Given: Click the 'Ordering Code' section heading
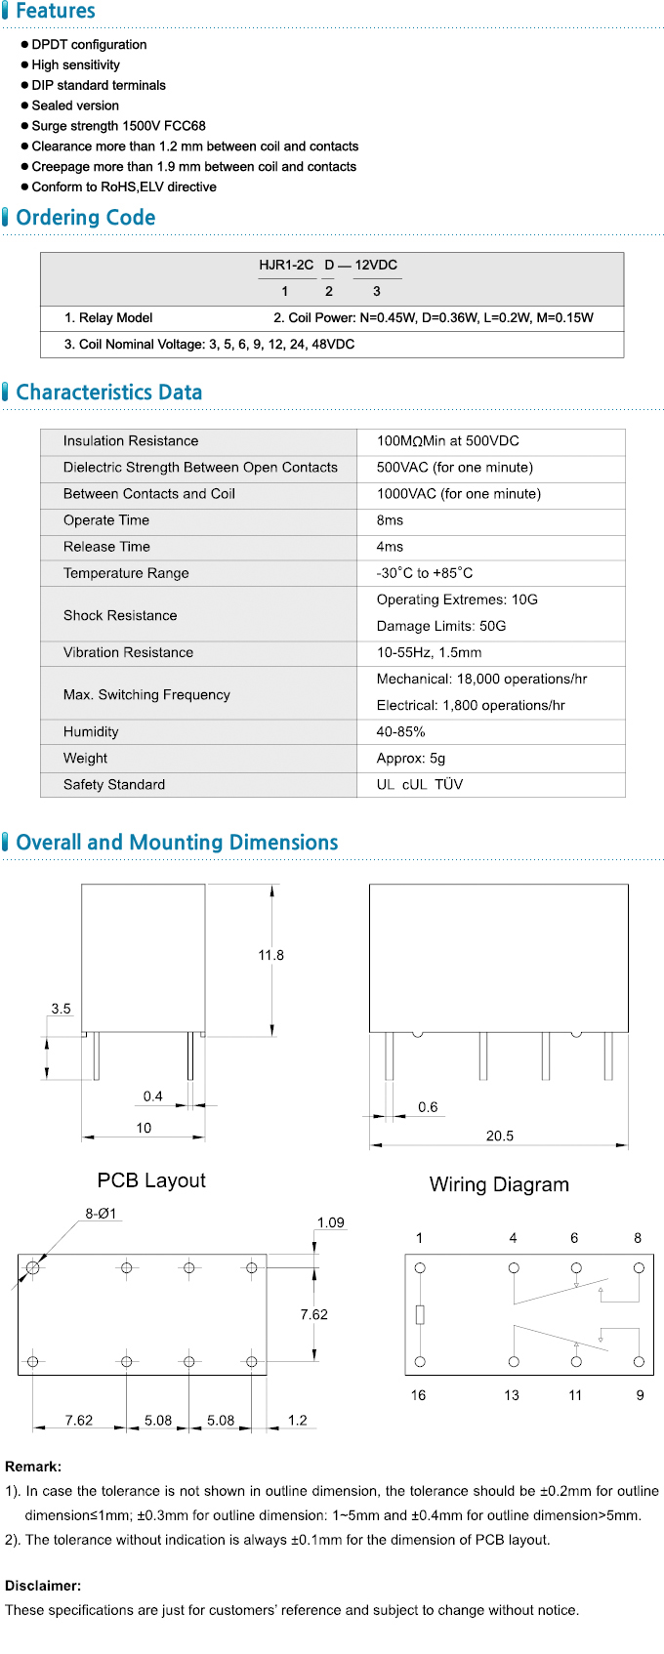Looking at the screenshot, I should (x=86, y=218).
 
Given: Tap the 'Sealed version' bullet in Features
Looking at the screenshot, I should (x=75, y=105).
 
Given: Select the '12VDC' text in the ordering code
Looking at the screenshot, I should (x=376, y=265).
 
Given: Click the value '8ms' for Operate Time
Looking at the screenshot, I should (x=390, y=520).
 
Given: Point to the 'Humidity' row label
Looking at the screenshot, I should (x=91, y=731).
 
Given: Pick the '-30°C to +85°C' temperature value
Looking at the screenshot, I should (x=425, y=573).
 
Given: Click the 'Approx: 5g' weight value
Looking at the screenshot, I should (x=410, y=758).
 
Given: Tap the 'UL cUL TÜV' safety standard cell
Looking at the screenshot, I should (x=420, y=784).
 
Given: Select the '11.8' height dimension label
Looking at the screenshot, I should (x=270, y=955).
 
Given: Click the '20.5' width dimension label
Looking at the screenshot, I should (x=499, y=1136).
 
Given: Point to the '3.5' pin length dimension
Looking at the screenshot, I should (x=61, y=1009).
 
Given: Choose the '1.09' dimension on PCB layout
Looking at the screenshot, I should (x=330, y=1222).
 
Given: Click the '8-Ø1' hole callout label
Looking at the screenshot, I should (x=101, y=1214).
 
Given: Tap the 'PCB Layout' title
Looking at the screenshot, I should (x=151, y=1180).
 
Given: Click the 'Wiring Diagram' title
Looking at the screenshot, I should (x=499, y=1184).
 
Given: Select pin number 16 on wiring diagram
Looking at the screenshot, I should (x=418, y=1395).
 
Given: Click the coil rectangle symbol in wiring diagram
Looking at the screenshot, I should (x=420, y=1314).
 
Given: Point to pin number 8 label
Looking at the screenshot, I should (x=638, y=1238).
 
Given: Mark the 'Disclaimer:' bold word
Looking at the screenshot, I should (x=43, y=1586).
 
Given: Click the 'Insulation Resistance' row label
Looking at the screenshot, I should (x=131, y=441).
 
